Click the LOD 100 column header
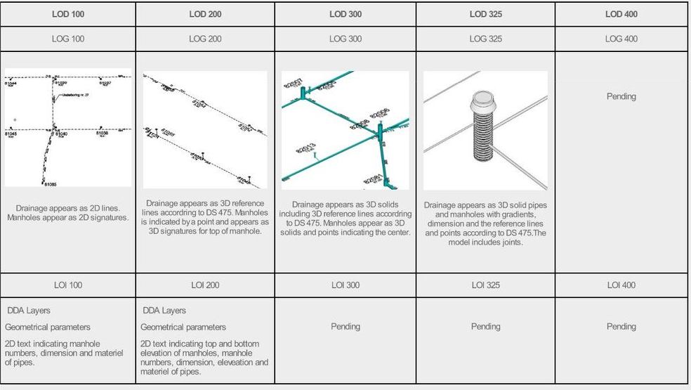click(68, 14)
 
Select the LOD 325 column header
click(485, 14)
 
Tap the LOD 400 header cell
click(621, 14)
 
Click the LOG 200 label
click(205, 39)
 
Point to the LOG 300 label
click(345, 39)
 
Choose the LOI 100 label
click(68, 285)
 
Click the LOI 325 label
click(485, 285)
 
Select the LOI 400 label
click(621, 285)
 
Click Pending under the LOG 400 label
click(621, 96)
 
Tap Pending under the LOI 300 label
click(345, 326)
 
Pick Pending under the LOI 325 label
click(485, 326)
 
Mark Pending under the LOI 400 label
click(621, 326)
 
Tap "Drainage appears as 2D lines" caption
click(68, 208)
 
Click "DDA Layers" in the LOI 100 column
click(29, 310)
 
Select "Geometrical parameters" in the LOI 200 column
click(183, 327)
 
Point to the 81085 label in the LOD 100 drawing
click(51, 185)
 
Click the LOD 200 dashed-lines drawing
click(205, 130)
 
